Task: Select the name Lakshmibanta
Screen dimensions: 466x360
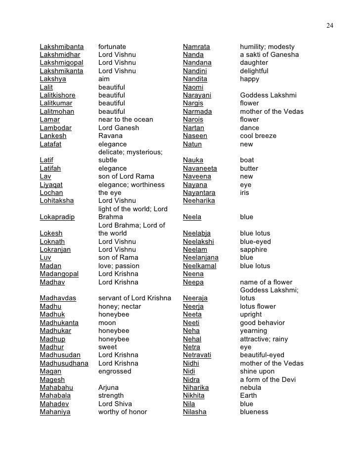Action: point(62,47)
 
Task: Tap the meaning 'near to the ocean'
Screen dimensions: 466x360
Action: point(126,120)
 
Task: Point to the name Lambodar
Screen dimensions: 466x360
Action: point(55,128)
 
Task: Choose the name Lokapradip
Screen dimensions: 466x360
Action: point(57,217)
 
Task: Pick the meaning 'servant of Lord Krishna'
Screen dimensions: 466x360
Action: point(135,298)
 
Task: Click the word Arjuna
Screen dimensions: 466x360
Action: point(108,388)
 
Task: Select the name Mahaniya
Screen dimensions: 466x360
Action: point(55,412)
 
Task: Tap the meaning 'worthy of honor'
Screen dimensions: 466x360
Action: point(123,412)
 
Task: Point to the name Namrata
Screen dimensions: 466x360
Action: point(196,47)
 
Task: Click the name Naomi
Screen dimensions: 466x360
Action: point(193,87)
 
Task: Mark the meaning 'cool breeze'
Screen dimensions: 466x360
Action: point(258,136)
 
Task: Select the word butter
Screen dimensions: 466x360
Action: point(249,168)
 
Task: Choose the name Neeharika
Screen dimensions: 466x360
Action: point(199,201)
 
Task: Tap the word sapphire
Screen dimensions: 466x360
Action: point(254,250)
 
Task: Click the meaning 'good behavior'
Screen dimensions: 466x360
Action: point(263,323)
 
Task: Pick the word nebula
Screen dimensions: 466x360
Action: point(251,388)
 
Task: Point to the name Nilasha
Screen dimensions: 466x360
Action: point(195,412)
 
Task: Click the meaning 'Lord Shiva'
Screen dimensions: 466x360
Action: point(115,404)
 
